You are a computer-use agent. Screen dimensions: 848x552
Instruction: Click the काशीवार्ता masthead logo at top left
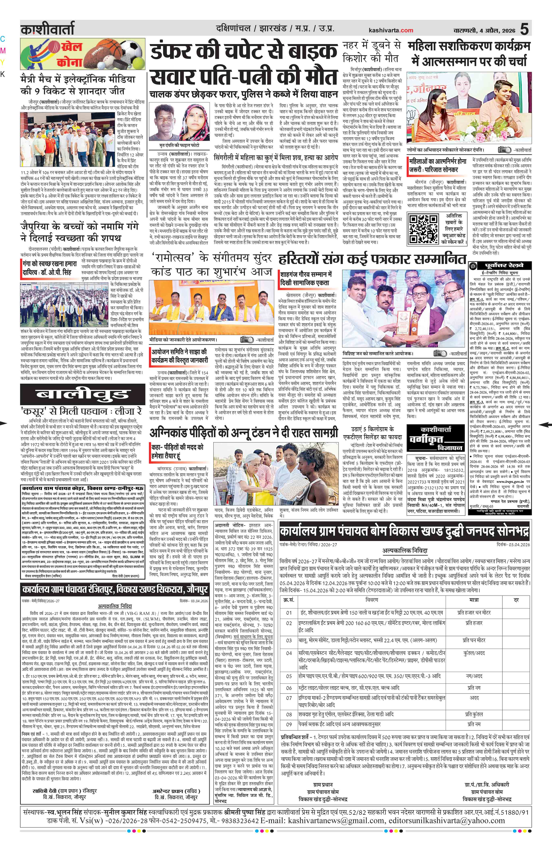click(47, 29)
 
